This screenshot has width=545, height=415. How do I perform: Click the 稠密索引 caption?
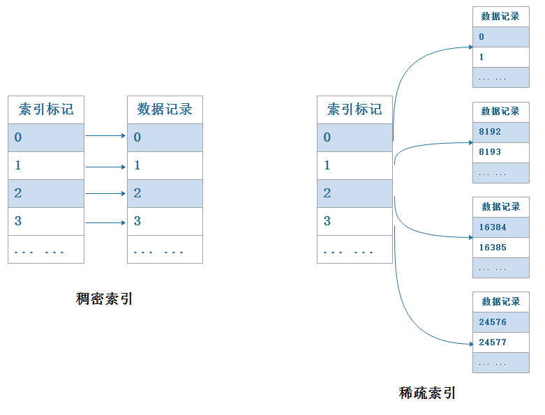click(104, 299)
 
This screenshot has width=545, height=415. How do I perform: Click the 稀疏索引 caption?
click(427, 393)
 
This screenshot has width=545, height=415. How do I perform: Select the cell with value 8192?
click(500, 132)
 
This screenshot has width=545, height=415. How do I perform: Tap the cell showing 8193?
click(500, 152)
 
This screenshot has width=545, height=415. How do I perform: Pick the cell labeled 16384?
click(500, 227)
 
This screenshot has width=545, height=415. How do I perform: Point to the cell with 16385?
click(500, 248)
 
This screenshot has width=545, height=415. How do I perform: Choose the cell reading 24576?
click(500, 322)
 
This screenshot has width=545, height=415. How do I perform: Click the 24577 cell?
click(500, 342)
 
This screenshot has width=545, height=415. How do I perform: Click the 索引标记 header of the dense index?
click(46, 110)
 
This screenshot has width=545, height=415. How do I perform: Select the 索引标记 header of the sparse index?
click(354, 110)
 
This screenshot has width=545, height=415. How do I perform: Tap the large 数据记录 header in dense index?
click(165, 110)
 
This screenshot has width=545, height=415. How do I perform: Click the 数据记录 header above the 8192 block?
click(500, 112)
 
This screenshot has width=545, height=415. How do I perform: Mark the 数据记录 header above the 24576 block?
click(500, 301)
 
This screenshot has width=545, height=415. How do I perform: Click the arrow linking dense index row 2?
click(105, 194)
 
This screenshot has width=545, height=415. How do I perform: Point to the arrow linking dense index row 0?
click(105, 136)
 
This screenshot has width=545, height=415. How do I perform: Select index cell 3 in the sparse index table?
click(354, 221)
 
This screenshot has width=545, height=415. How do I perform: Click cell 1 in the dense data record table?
click(165, 165)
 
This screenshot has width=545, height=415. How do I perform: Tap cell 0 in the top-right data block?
click(500, 37)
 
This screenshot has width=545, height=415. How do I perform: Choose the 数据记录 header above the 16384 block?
click(500, 206)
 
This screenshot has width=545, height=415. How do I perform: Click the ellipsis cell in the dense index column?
click(46, 250)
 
